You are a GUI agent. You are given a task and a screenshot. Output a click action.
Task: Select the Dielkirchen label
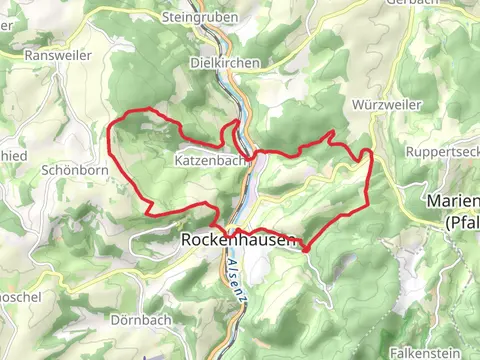pos(225,62)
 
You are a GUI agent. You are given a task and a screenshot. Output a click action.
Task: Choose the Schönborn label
pos(67,170)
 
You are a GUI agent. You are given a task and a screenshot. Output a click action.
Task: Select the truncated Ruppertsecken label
pos(442,151)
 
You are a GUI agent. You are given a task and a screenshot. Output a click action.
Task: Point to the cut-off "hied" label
pos(13,156)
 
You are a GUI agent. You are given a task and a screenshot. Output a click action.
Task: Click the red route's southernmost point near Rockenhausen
pos(305,249)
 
